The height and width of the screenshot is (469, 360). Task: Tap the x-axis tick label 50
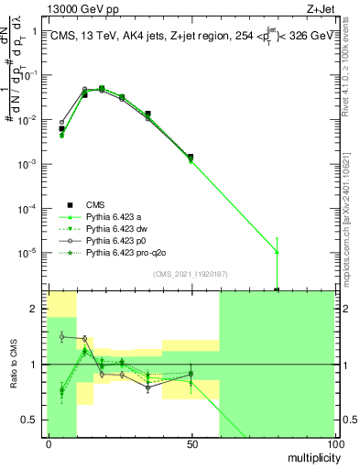click(x=191, y=443)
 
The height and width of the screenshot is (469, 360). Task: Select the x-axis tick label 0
click(x=48, y=443)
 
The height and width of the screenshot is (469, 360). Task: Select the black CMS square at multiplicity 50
click(x=191, y=157)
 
